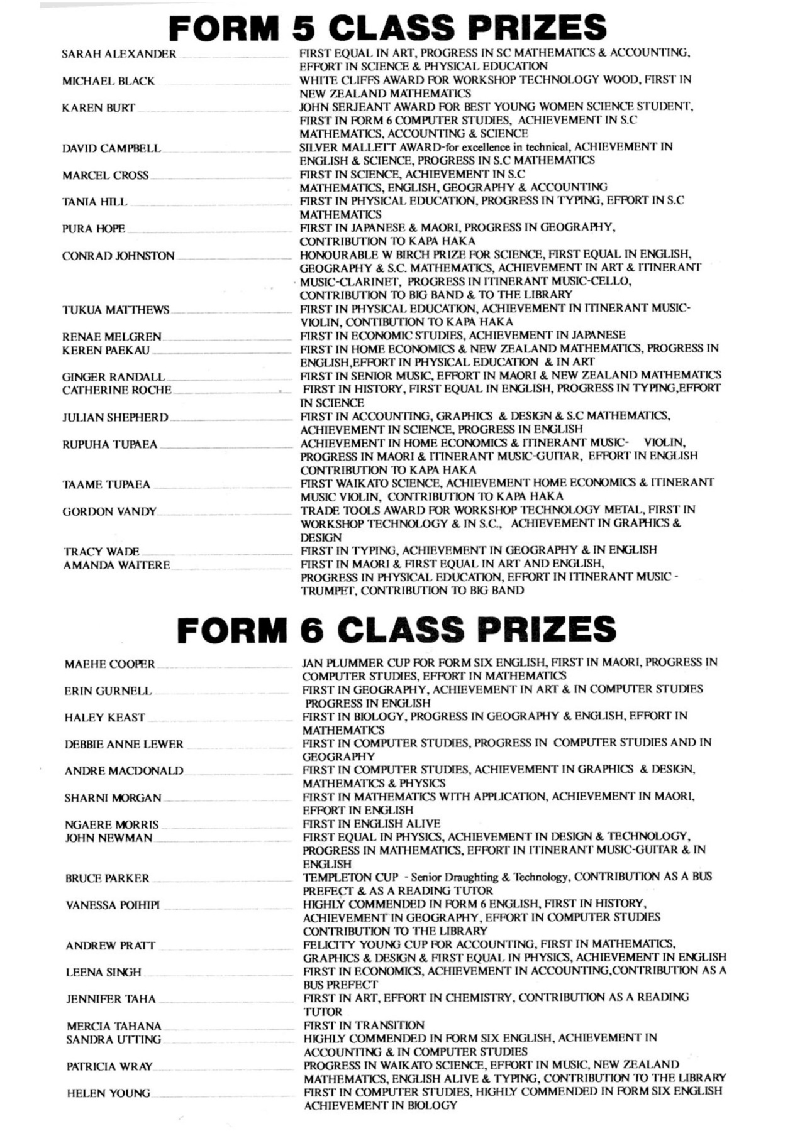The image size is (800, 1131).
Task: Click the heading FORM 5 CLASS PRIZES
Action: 387,28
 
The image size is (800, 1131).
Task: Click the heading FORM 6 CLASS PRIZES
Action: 396,630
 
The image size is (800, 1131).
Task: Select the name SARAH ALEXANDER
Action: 119,54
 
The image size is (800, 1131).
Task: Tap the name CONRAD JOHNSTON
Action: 118,256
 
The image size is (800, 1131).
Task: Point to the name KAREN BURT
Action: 98,107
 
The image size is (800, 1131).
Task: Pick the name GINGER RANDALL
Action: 113,377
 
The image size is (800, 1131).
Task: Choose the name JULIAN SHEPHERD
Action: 115,417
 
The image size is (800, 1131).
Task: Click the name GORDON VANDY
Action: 109,511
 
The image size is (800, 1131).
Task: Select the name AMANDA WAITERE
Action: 116,565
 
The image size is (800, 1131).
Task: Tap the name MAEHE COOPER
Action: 109,664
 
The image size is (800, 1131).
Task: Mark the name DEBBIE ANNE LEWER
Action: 124,745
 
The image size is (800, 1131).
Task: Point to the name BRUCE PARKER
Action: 107,878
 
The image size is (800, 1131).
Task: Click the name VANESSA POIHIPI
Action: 113,905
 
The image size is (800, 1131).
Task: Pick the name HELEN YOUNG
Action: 109,1094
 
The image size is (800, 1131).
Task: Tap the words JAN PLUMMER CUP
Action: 355,663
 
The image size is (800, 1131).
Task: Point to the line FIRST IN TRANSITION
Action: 364,1025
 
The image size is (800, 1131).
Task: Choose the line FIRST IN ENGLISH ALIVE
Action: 371,824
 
